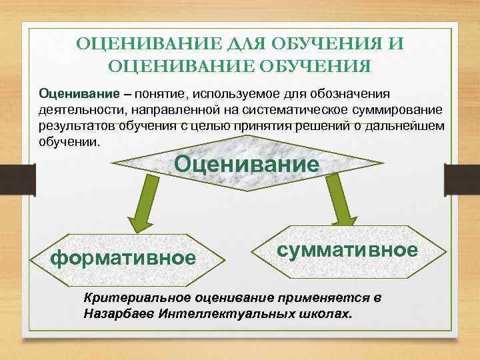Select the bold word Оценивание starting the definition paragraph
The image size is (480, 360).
(x=73, y=91)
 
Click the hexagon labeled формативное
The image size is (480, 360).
(x=123, y=257)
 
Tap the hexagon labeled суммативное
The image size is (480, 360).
(x=346, y=249)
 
